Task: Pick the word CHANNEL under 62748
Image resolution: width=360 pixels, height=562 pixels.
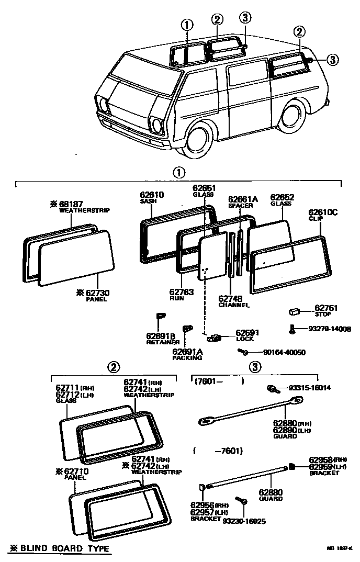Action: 234,305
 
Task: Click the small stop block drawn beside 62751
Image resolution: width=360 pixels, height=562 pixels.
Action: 294,312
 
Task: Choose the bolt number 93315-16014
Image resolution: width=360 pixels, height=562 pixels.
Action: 310,388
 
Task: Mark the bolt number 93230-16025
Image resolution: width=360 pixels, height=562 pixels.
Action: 244,521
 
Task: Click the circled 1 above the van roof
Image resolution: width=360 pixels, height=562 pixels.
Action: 187,25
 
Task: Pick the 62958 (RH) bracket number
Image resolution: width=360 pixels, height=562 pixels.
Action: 324,459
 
